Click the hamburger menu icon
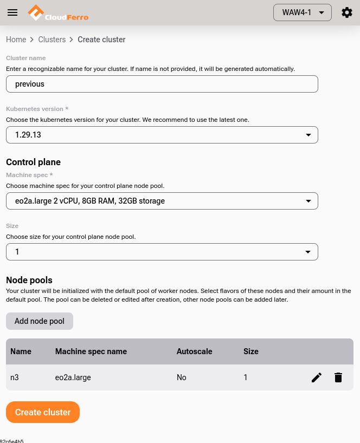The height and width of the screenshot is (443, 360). [12, 12]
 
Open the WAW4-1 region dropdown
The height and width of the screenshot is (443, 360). [302, 12]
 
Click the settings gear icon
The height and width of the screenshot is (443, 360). [347, 12]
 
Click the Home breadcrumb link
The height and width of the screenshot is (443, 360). [16, 40]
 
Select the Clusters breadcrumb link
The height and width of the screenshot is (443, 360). [52, 40]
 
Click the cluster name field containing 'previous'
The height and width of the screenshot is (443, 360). [162, 84]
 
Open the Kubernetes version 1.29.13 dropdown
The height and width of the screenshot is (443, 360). [162, 135]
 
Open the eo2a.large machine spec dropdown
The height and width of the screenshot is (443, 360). [162, 201]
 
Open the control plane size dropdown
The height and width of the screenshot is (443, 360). [162, 252]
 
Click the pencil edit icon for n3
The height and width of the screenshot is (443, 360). [317, 377]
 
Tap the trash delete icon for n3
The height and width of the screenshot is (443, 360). [338, 377]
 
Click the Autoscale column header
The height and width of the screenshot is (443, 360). [194, 351]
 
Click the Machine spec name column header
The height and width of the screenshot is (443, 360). [91, 351]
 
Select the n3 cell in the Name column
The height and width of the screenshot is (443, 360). [15, 377]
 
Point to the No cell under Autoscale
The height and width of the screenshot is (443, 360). [182, 377]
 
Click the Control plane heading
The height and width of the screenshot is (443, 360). [33, 162]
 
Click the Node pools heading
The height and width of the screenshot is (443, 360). [29, 280]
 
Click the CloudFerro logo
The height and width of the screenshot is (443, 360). [58, 12]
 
